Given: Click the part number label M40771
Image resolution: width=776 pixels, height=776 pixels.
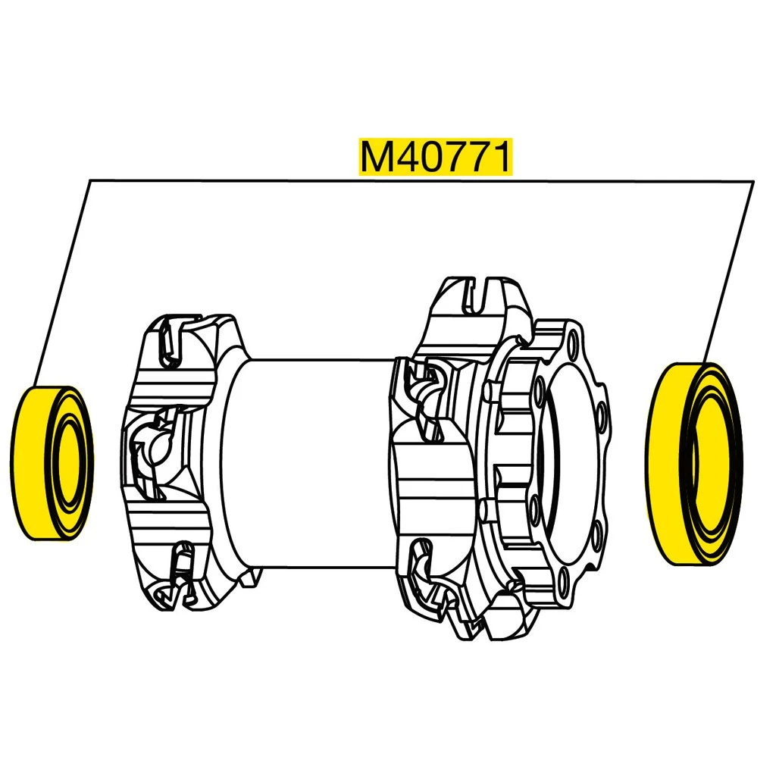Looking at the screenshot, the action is pos(435,157).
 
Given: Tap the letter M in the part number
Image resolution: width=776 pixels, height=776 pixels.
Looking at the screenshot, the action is pos(377,157).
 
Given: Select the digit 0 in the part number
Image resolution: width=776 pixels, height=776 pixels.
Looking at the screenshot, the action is pos(436,157).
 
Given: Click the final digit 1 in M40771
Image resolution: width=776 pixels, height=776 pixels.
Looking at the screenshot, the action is pos(502,157).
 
